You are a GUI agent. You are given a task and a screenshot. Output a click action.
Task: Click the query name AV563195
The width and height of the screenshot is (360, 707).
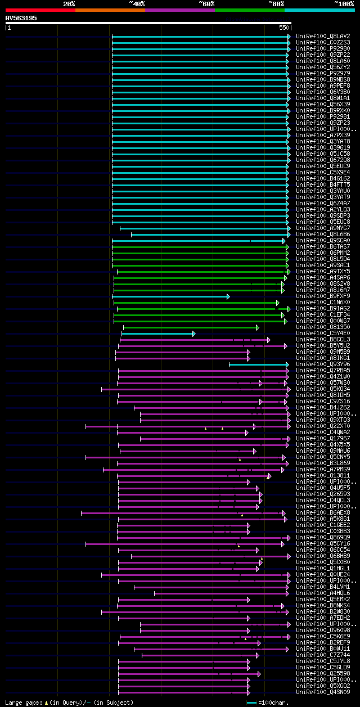tap(21, 18)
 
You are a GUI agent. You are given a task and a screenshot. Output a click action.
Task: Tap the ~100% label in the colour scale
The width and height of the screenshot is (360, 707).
tap(344, 3)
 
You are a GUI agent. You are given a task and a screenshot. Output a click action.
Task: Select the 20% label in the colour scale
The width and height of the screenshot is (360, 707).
tap(69, 3)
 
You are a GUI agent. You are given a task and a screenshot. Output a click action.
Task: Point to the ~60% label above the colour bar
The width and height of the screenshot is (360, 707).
tap(206, 3)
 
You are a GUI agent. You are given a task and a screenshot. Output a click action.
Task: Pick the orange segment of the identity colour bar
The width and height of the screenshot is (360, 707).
tap(110, 10)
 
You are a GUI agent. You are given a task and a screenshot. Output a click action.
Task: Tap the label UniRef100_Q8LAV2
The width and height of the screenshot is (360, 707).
tap(323, 36)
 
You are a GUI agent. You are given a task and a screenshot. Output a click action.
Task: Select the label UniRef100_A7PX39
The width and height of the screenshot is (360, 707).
tap(323, 135)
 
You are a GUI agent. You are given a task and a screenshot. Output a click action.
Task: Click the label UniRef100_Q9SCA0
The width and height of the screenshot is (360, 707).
tap(323, 241)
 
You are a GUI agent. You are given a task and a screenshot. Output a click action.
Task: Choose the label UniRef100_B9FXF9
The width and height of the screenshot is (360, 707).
tap(323, 296)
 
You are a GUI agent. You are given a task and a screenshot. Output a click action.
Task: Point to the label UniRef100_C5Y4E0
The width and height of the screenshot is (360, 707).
tap(323, 334)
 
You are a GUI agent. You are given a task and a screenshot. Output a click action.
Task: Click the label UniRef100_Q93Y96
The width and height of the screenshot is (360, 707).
tap(323, 364)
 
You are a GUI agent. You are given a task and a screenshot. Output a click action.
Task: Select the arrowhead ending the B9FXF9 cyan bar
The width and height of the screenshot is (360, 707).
tap(228, 296)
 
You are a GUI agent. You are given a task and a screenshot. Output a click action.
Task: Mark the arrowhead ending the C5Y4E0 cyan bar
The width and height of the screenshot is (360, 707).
tap(194, 334)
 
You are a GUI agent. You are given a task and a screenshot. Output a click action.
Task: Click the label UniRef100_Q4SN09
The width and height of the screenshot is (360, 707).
tap(323, 692)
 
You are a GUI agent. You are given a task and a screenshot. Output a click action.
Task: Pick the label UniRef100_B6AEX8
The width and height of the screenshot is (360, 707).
tap(323, 513)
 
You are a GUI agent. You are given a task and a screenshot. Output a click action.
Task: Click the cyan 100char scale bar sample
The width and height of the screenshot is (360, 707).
tap(251, 703)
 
